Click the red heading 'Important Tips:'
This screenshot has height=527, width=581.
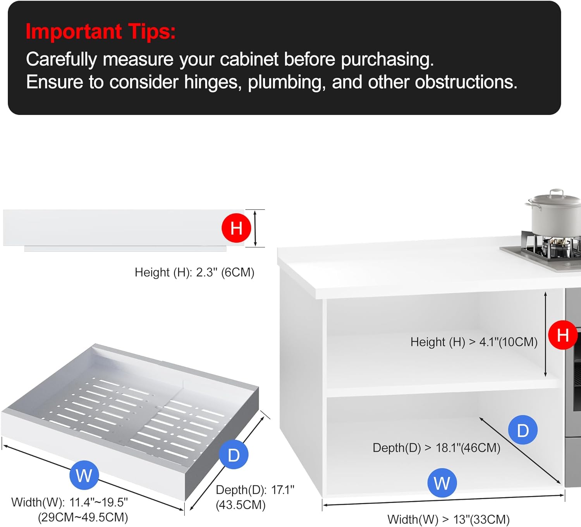[x=100, y=31]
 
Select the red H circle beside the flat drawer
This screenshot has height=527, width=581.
[x=236, y=228]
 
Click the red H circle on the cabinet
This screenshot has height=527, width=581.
[x=563, y=335]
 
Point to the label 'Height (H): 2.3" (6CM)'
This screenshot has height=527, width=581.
[x=194, y=273]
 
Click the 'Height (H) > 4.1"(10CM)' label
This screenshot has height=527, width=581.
[x=474, y=342]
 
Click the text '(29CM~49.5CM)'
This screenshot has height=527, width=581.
[x=83, y=517]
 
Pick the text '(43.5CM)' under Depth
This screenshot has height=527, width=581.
[x=241, y=505]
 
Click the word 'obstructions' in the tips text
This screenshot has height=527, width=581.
[x=466, y=82]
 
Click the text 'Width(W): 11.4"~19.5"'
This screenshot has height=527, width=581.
[x=69, y=502]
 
